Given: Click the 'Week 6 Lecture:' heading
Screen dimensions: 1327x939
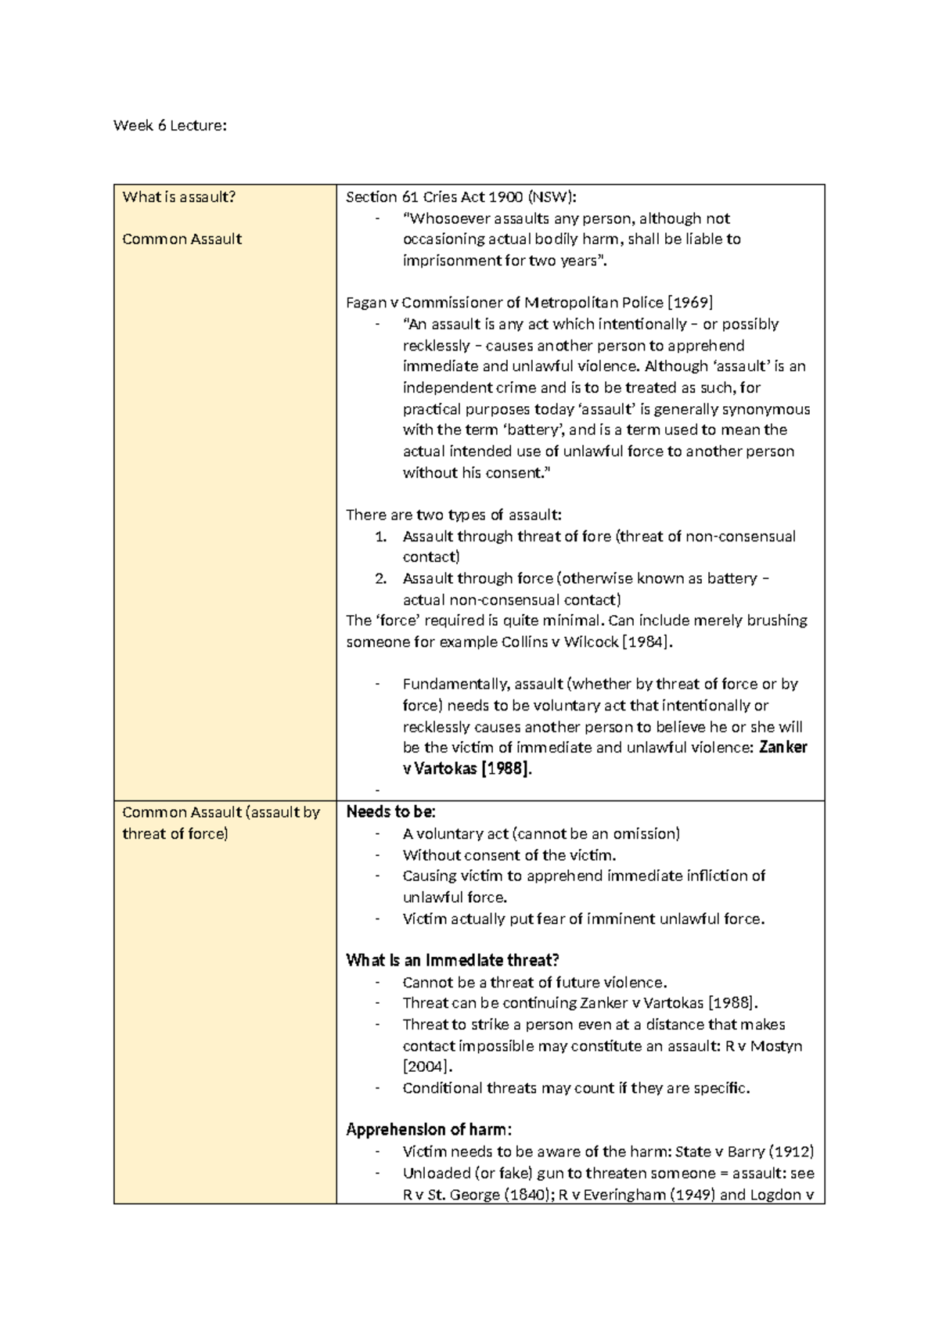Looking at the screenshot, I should click(170, 125).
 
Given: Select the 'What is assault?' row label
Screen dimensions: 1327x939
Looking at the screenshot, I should click(178, 197).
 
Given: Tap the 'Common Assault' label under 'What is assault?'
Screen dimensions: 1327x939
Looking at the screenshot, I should click(182, 239).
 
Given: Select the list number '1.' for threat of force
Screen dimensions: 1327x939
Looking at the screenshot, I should click(380, 537).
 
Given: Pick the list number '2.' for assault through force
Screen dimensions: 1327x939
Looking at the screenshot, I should click(380, 579).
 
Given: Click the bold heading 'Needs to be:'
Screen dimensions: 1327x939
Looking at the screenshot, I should click(390, 812).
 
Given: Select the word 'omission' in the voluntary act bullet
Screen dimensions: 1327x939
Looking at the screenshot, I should click(646, 834).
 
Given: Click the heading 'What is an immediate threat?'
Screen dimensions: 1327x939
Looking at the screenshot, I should click(452, 961).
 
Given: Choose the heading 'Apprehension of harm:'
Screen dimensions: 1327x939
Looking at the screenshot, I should click(429, 1131).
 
